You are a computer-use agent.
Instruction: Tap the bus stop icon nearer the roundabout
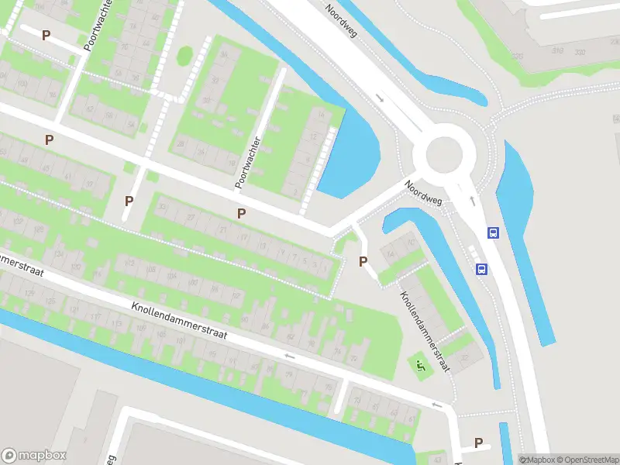point(492,232)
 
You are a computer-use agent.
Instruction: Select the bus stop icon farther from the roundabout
point(481,270)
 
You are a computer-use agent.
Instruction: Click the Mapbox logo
point(34,456)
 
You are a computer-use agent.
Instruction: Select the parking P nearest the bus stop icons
point(363,262)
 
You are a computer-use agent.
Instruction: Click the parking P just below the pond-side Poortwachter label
point(242,213)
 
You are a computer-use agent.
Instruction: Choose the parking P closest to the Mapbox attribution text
point(478,443)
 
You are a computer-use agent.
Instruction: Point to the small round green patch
point(184,56)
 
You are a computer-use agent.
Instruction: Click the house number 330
point(580,51)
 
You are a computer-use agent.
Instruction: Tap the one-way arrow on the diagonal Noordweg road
point(380,98)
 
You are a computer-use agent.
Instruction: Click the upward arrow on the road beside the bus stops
point(471,199)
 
